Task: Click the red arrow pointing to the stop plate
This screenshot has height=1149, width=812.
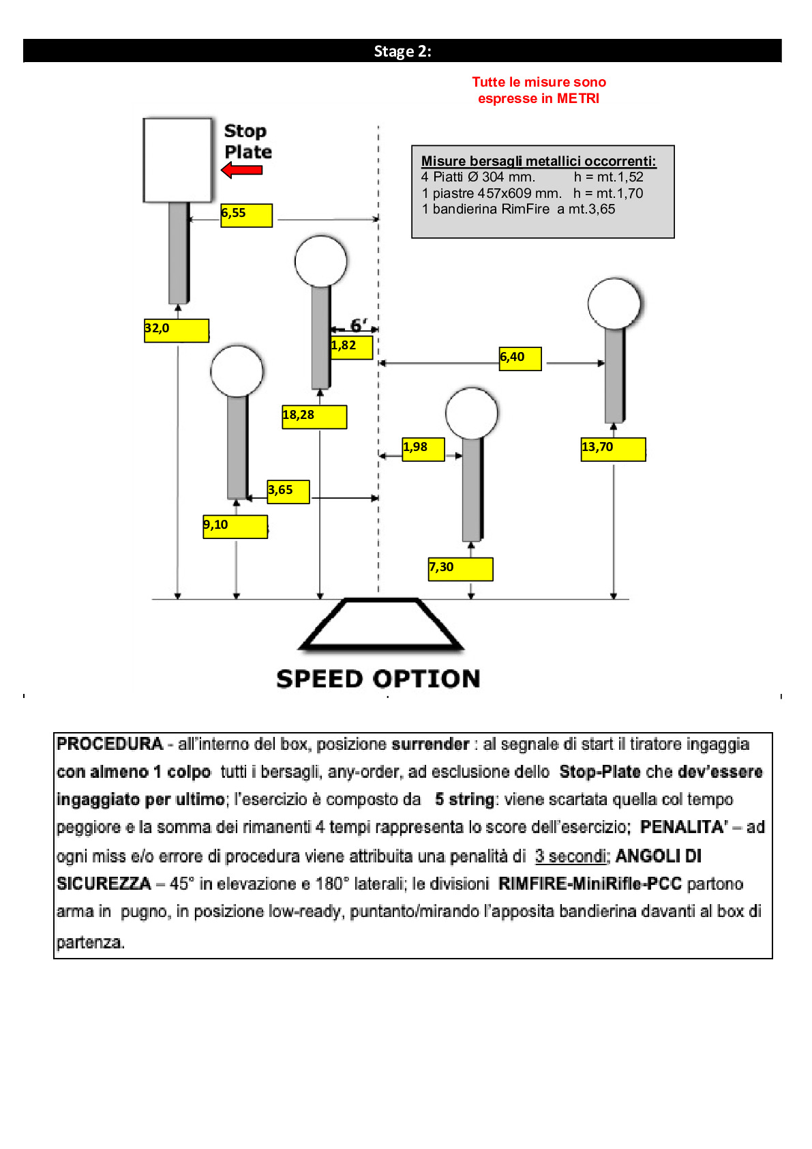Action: click(242, 170)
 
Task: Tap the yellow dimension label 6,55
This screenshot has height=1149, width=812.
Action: click(246, 215)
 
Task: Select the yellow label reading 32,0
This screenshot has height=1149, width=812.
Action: click(176, 330)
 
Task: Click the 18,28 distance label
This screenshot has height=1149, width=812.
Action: click(314, 416)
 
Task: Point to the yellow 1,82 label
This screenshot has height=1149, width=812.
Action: click(352, 347)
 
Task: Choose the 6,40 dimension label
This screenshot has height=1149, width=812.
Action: click(520, 358)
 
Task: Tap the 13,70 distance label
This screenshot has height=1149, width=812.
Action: click(613, 449)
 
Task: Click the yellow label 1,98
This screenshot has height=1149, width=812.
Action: click(423, 449)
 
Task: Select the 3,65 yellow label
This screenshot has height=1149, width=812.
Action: click(288, 491)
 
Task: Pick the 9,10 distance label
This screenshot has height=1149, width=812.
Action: click(235, 526)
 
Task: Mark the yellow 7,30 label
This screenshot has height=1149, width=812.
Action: click(460, 568)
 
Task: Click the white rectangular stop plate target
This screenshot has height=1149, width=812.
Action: click(177, 160)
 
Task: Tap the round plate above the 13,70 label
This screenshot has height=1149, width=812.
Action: click(614, 304)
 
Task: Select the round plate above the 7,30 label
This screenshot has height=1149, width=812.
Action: click(471, 413)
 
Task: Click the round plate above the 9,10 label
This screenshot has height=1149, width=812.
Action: click(237, 371)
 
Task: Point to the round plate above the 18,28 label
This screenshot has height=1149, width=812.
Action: click(320, 261)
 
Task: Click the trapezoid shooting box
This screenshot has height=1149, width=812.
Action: click(381, 624)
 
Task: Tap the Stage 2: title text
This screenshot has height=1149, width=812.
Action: click(402, 51)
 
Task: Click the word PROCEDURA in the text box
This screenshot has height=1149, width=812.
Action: click(110, 744)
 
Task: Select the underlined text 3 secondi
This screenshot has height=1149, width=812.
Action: click(571, 856)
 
